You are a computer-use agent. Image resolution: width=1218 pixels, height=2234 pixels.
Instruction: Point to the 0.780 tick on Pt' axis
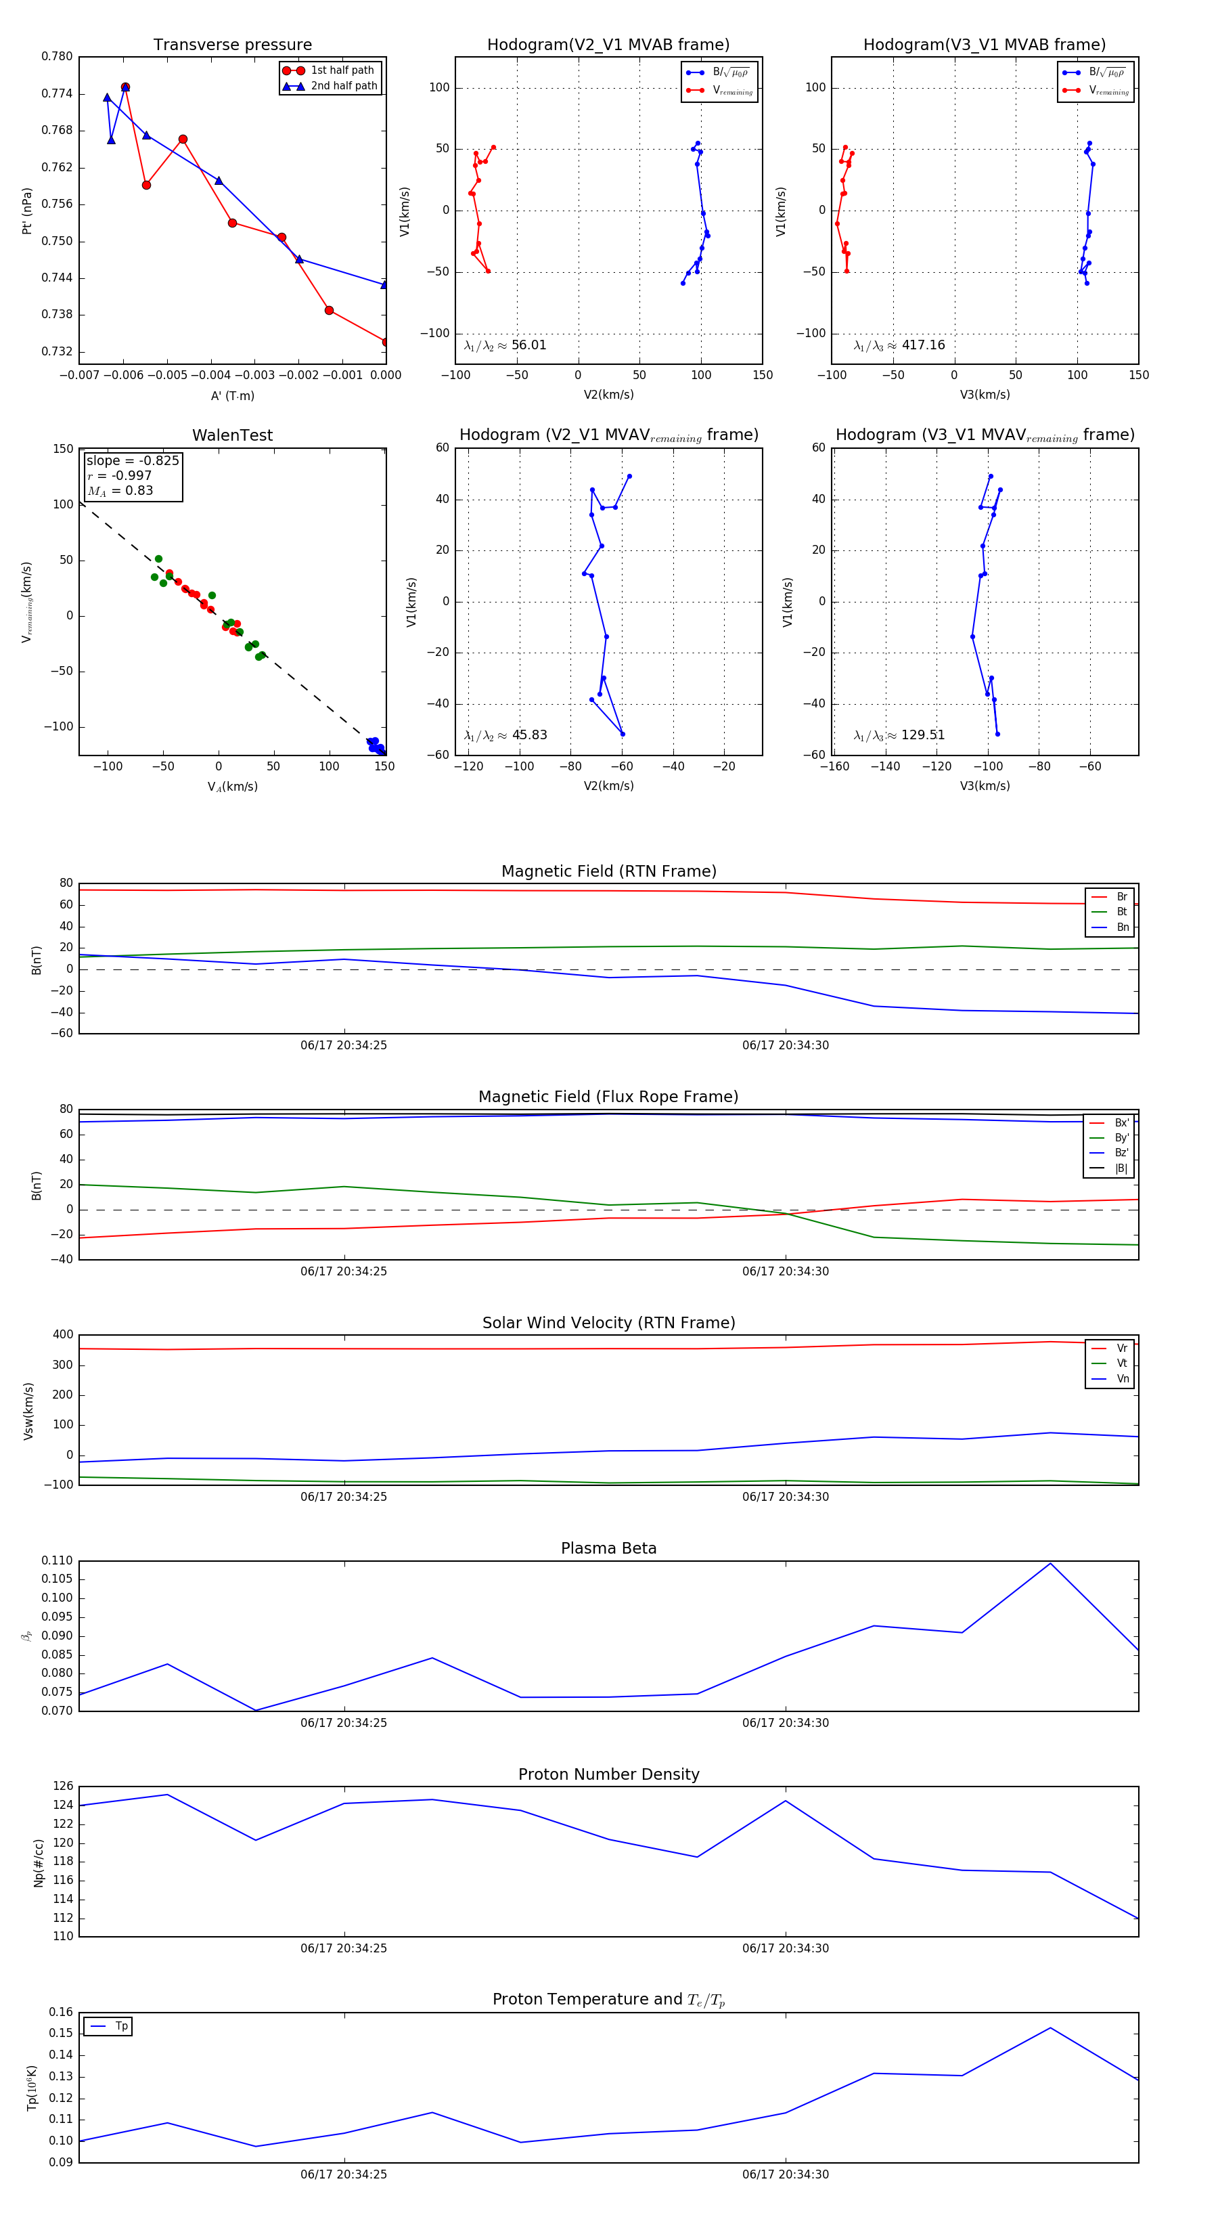click(x=58, y=56)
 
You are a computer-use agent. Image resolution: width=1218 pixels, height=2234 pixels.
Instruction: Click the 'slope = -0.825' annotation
click(x=133, y=460)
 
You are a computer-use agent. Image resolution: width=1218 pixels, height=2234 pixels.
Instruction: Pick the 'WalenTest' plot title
click(x=232, y=435)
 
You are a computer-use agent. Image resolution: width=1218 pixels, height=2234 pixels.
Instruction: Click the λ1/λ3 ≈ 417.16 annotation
click(x=899, y=345)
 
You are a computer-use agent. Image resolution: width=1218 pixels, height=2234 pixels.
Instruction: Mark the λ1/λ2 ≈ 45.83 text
click(x=505, y=735)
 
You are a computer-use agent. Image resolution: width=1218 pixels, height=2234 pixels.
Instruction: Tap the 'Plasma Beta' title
click(x=608, y=1548)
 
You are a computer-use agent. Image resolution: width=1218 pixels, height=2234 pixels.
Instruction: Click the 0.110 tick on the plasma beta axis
click(x=58, y=1560)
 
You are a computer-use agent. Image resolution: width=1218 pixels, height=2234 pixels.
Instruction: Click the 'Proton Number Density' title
click(x=608, y=1774)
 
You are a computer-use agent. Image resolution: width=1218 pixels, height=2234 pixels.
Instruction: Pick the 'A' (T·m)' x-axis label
click(x=232, y=395)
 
